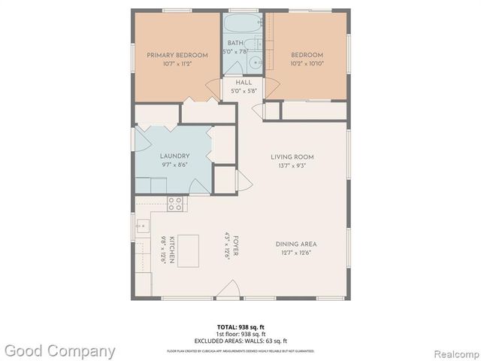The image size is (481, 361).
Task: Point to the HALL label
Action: pyautogui.click(x=244, y=82)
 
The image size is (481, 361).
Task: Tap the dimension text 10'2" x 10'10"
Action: pyautogui.click(x=307, y=65)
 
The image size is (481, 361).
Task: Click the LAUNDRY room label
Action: pyautogui.click(x=174, y=156)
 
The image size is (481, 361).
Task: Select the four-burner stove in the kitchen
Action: pyautogui.click(x=175, y=202)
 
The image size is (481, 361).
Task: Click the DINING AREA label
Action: pyautogui.click(x=297, y=244)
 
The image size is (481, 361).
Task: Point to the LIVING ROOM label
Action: pyautogui.click(x=292, y=156)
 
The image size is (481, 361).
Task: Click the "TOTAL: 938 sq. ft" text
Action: pyautogui.click(x=240, y=326)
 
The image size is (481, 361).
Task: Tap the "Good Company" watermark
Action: pyautogui.click(x=59, y=350)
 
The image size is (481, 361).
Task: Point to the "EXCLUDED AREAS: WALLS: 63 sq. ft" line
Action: pyautogui.click(x=240, y=341)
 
